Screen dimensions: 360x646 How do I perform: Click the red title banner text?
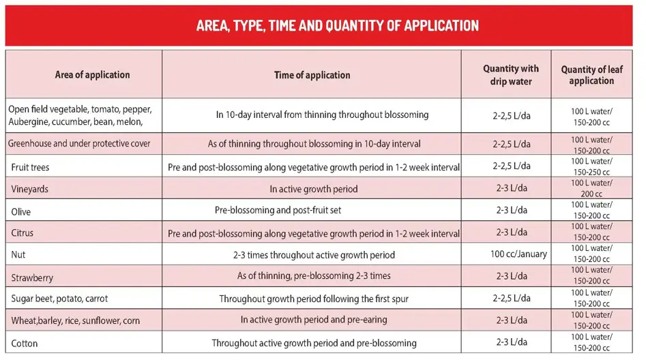coord(337,26)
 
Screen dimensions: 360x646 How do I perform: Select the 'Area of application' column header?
coord(92,75)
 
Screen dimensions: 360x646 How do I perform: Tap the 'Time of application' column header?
coord(312,75)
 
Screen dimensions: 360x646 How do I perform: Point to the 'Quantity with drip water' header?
coord(510,75)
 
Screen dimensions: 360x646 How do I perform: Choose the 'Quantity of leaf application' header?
coord(591,75)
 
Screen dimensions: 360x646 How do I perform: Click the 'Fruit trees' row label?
coord(31,167)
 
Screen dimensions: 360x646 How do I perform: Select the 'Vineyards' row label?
coord(30,189)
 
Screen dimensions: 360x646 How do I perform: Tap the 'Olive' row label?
coord(21,211)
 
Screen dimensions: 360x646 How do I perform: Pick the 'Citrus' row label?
coord(23,233)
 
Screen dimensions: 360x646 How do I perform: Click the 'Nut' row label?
coord(18,255)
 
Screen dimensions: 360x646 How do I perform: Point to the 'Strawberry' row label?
coord(32,277)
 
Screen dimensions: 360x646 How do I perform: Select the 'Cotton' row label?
coord(25,342)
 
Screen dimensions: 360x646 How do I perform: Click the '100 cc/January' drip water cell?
coord(518,254)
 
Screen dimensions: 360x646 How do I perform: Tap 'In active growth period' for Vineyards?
coord(313,189)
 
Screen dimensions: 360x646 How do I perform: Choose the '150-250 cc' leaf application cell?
coord(591,172)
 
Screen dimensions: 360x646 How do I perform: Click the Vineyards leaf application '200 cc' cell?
coord(591,194)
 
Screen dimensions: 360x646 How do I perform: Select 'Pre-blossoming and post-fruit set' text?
coord(278,211)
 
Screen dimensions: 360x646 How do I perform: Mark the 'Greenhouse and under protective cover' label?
coord(79,144)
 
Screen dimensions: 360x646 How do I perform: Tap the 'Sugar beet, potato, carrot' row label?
coord(59,299)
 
